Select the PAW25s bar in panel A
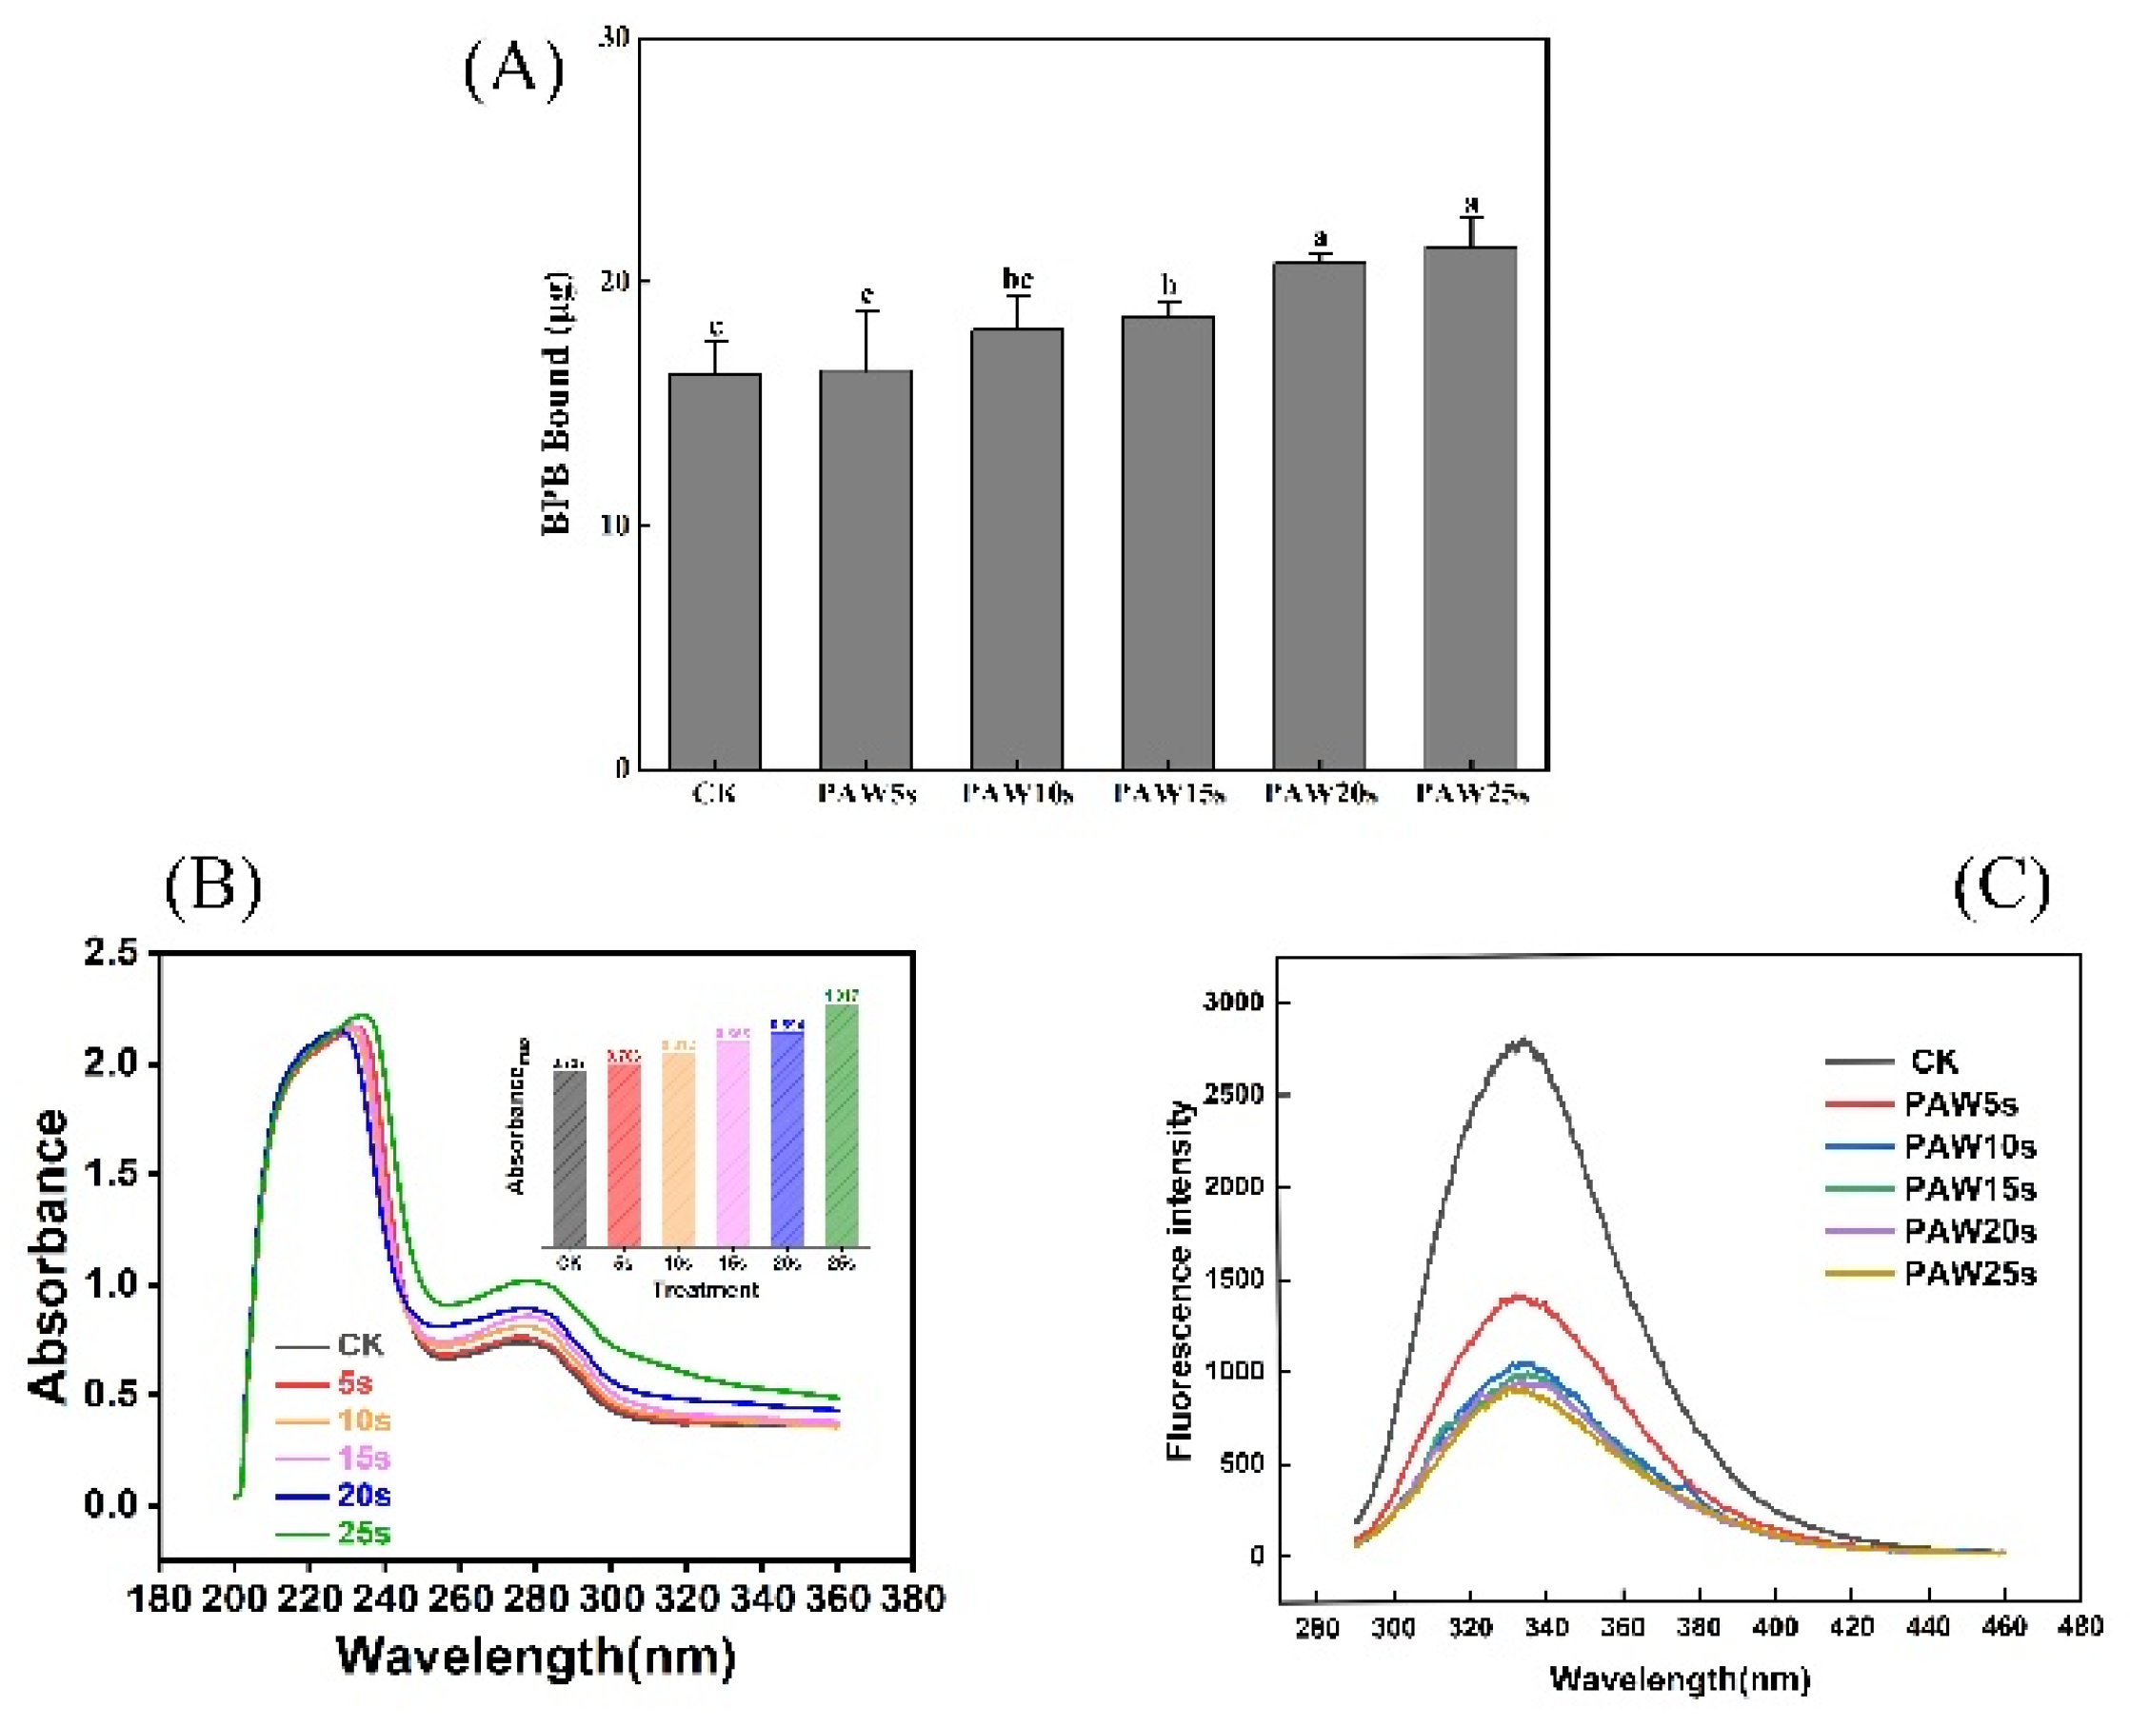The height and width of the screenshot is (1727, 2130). [1469, 507]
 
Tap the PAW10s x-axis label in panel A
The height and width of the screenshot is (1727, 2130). [1017, 794]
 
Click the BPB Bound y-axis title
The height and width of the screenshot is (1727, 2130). [557, 403]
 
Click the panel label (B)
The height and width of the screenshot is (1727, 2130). [213, 884]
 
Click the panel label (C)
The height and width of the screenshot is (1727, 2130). [2001, 884]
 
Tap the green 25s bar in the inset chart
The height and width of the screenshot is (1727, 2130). [842, 1124]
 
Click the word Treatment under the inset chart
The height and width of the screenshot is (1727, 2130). [706, 1289]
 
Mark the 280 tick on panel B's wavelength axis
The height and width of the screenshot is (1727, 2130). [535, 1598]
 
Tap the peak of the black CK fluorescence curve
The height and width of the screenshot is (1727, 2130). [1522, 1042]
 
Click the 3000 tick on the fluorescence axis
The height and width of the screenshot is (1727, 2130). [1232, 1001]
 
